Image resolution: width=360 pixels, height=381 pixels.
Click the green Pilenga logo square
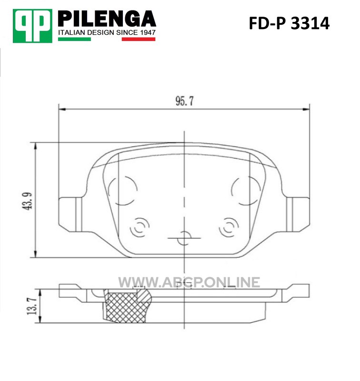coord(32,26)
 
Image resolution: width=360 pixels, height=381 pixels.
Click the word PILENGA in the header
coord(107,19)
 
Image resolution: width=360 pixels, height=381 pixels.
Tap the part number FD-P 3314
coord(289,23)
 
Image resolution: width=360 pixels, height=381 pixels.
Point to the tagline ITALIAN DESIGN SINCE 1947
coord(107,32)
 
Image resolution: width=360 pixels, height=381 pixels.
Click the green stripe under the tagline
coord(74,39)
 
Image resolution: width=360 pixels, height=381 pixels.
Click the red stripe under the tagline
coord(139,39)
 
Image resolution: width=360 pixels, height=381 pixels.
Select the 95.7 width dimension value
coord(185,101)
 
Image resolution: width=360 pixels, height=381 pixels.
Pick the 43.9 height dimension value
coord(28,201)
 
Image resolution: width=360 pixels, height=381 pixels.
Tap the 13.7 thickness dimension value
coord(32,306)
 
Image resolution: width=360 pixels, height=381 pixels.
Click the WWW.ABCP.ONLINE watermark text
coord(189,282)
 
